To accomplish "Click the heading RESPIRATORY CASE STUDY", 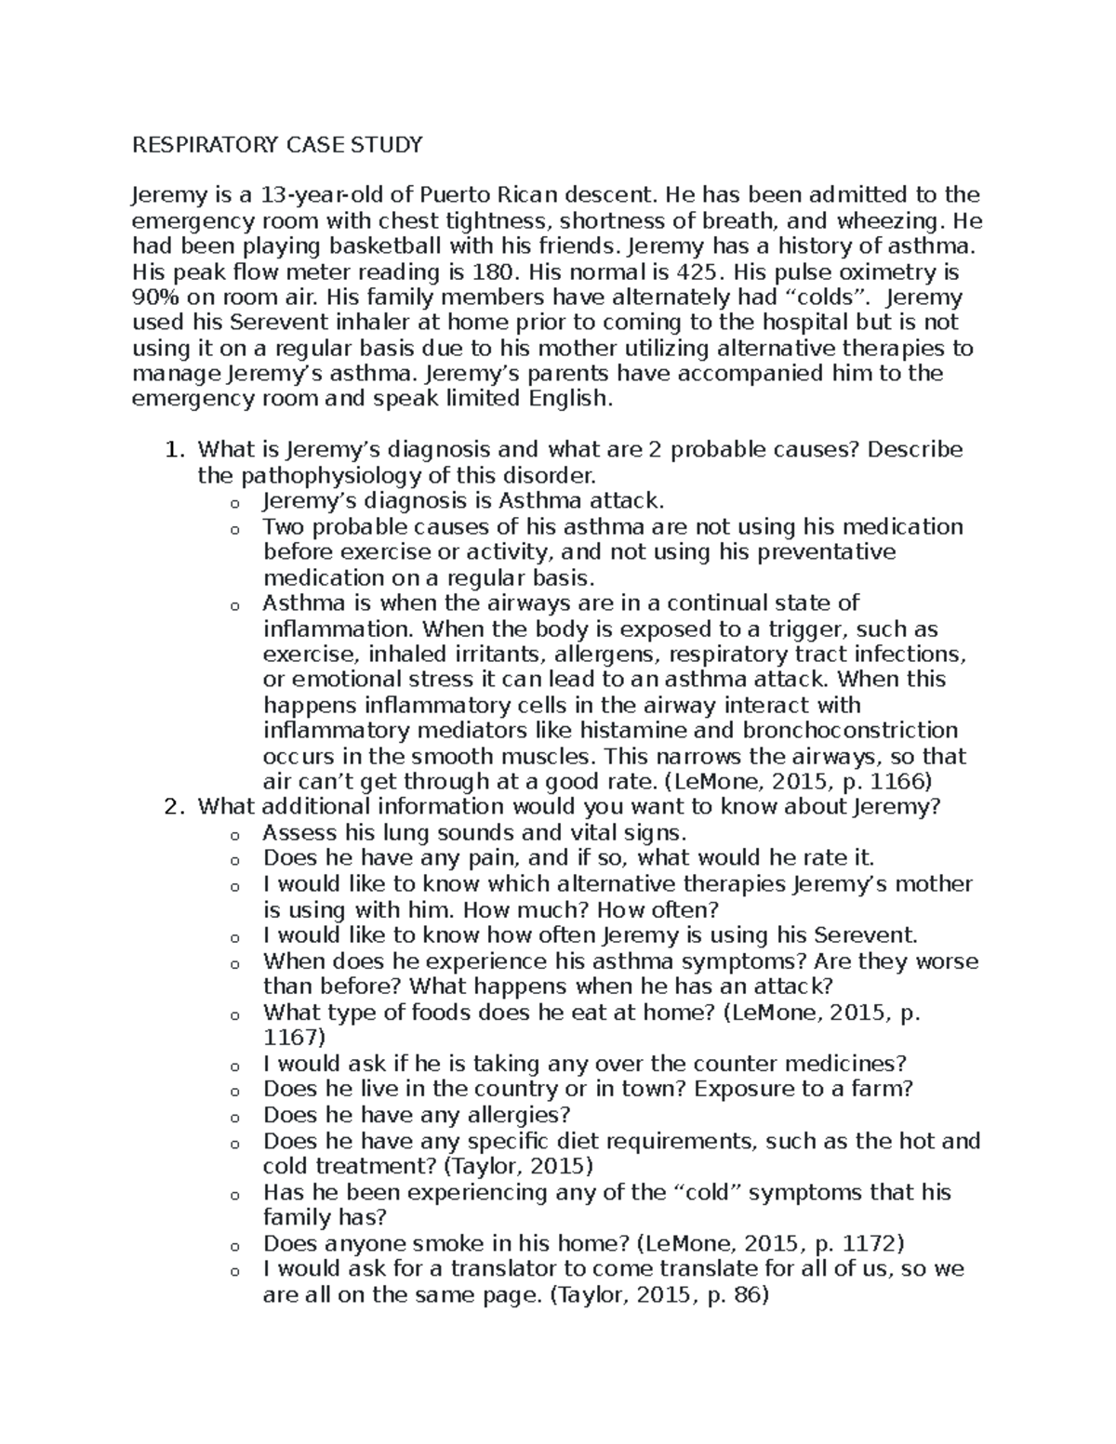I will (x=277, y=145).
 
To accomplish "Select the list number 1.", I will (x=171, y=451).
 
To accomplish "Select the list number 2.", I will (x=170, y=807).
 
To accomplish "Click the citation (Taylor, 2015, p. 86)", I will (x=659, y=1294).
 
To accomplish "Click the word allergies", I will (x=517, y=1114).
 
